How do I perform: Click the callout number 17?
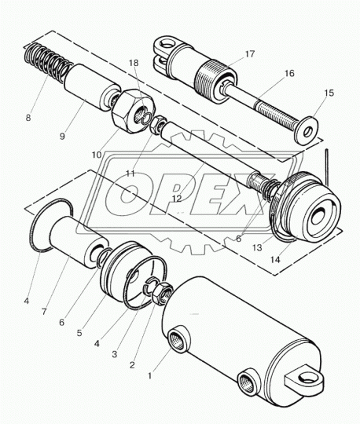250,54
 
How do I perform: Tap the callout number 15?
329,93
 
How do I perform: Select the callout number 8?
28,118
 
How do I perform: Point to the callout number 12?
177,199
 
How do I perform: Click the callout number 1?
149,375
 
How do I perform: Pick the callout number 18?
134,63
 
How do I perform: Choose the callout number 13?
257,247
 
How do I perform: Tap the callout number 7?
44,312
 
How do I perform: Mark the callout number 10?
97,155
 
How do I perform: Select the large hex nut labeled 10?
134,111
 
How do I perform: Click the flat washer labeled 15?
306,130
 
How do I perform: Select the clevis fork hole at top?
165,43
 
